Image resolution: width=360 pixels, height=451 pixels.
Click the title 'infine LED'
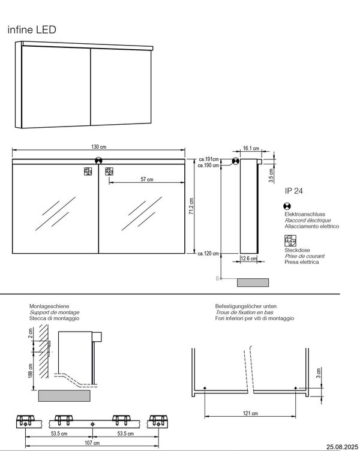click(31, 29)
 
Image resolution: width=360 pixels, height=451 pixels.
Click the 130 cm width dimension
click(100, 148)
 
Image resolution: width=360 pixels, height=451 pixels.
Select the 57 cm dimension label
click(146, 179)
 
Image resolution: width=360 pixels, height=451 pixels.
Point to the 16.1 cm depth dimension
click(251, 149)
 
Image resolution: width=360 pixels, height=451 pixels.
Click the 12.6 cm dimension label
click(248, 258)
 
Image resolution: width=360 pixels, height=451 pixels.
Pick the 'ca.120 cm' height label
click(208, 254)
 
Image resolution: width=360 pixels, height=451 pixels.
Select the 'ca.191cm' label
click(208, 160)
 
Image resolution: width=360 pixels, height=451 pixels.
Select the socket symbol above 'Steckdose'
click(290, 241)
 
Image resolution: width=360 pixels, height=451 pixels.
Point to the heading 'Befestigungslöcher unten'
click(247, 306)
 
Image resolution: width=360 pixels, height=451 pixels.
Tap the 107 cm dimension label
click(92, 442)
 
